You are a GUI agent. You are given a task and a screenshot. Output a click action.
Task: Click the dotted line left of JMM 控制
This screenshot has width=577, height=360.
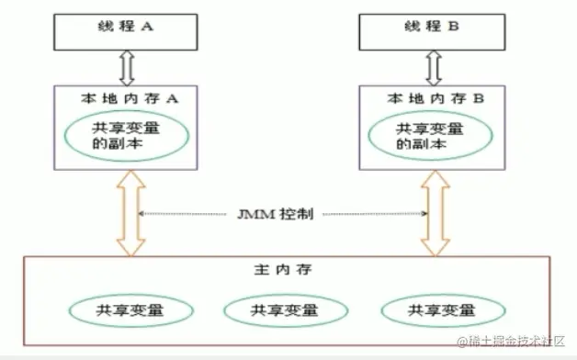coord(184,214)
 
